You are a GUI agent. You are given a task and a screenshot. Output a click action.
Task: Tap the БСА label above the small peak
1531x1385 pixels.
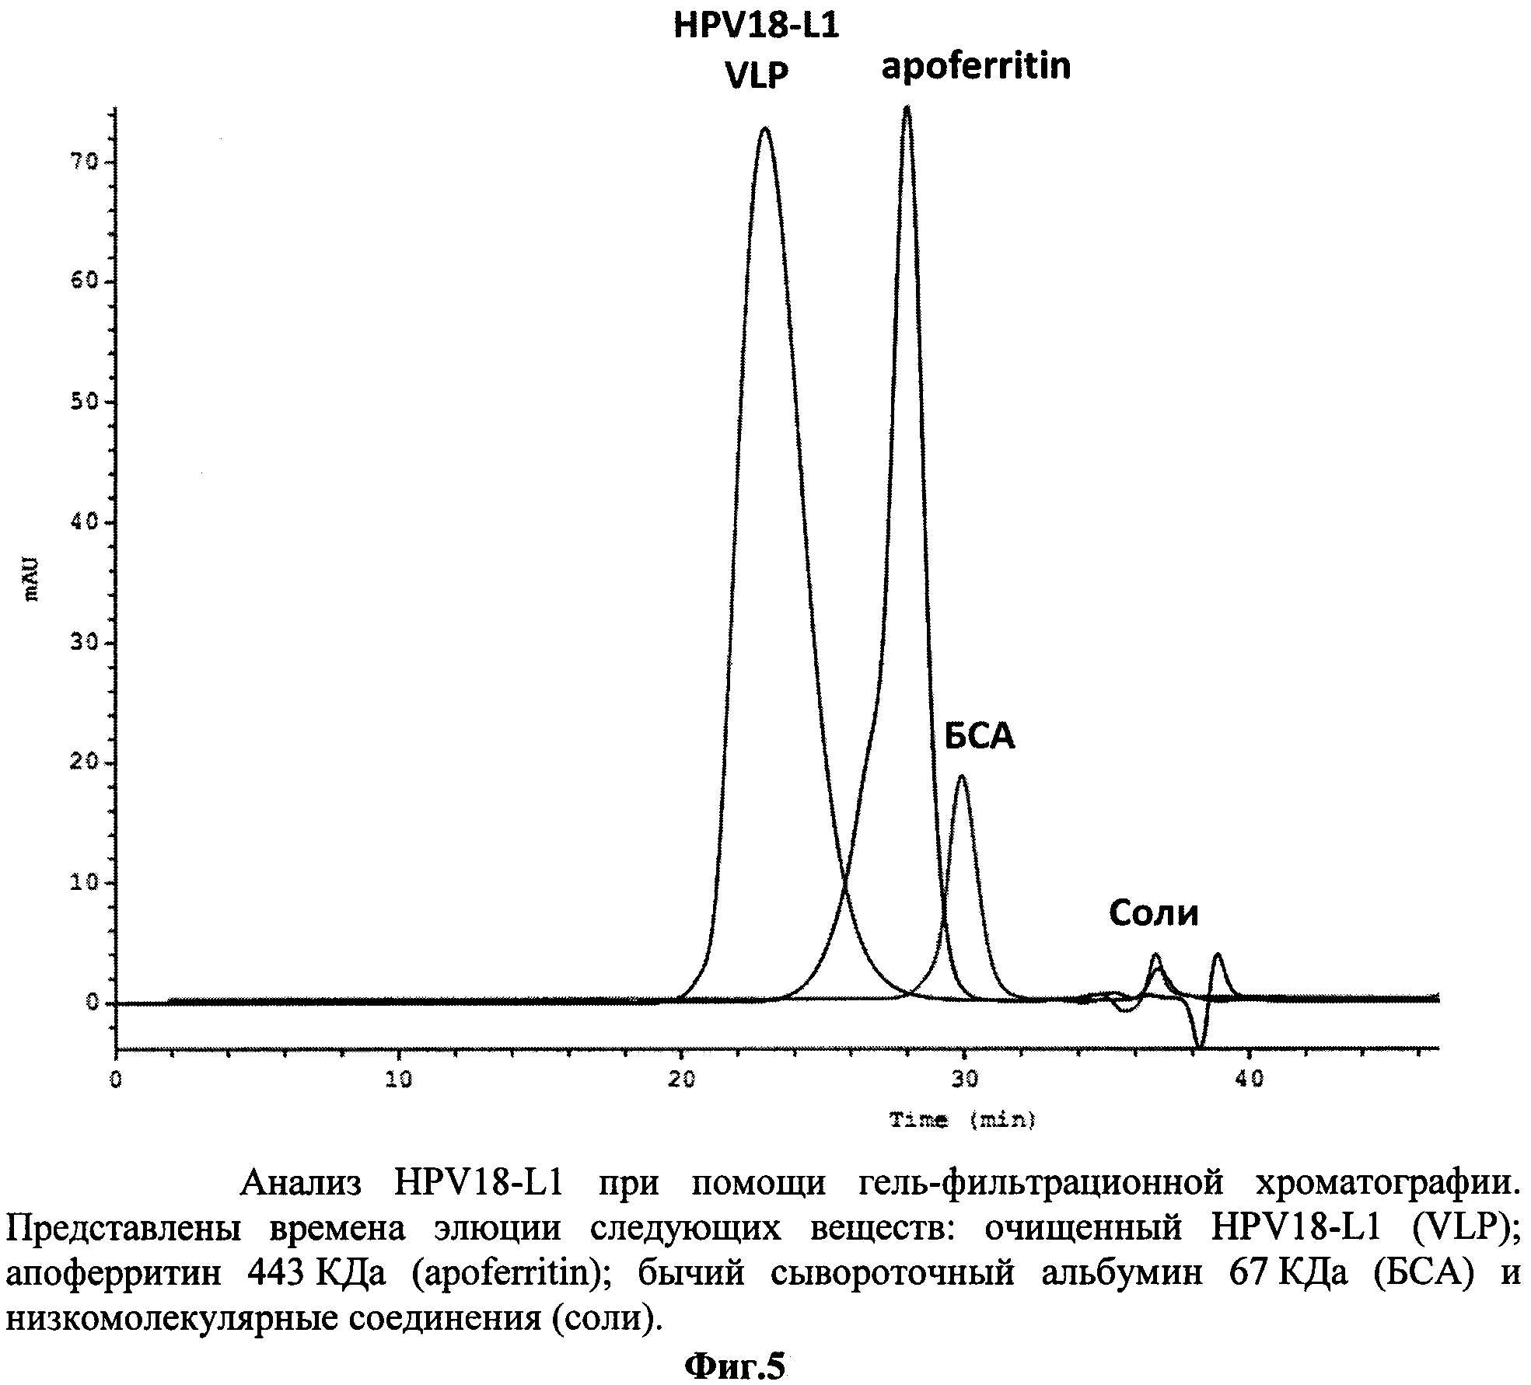pyautogui.click(x=980, y=736)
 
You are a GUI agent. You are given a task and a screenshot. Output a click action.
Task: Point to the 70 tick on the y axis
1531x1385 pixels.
pyautogui.click(x=85, y=162)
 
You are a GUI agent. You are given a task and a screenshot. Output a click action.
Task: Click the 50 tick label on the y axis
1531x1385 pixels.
pyautogui.click(x=85, y=402)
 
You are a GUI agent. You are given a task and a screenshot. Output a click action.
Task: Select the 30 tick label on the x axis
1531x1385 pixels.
pyautogui.click(x=964, y=1080)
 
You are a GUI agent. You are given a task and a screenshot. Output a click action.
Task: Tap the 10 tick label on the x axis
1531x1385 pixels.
pyautogui.click(x=398, y=1080)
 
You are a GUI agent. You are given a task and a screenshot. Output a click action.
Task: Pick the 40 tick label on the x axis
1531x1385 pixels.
pyautogui.click(x=1248, y=1080)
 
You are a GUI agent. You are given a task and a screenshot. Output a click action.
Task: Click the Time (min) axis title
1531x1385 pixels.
pyautogui.click(x=963, y=1120)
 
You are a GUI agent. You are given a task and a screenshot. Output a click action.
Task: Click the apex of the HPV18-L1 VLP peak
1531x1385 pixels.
pyautogui.click(x=765, y=128)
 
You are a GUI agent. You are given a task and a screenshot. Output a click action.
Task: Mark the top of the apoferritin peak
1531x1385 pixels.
pyautogui.click(x=907, y=107)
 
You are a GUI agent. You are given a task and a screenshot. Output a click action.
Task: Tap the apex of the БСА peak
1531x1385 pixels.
pyautogui.click(x=962, y=776)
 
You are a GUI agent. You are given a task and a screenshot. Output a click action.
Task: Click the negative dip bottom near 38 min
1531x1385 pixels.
pyautogui.click(x=1200, y=1048)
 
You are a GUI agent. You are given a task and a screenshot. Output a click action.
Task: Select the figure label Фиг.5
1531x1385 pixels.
pyautogui.click(x=735, y=1366)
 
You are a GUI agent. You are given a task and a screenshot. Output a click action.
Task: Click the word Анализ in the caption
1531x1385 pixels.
pyautogui.click(x=301, y=1182)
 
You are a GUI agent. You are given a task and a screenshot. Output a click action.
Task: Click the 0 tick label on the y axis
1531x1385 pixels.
pyautogui.click(x=93, y=1003)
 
